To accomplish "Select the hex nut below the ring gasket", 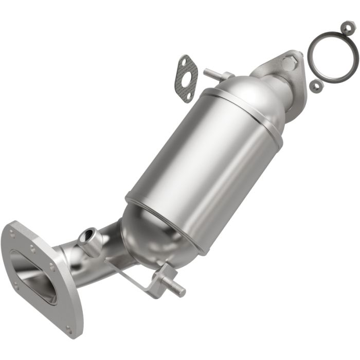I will (316, 86).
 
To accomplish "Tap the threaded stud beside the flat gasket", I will (216, 75).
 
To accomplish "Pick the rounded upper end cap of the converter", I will (252, 95).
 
